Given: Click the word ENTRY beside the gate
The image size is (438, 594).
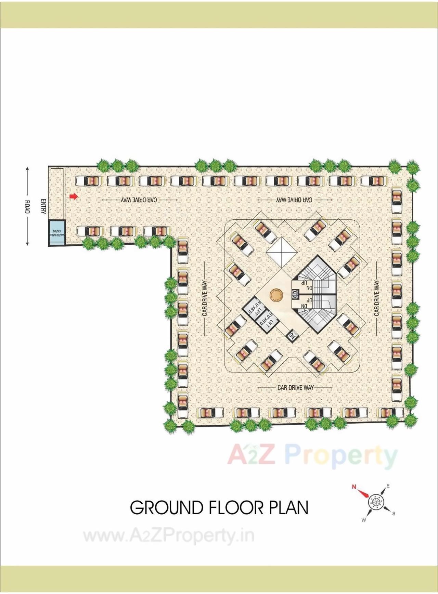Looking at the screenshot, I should [43, 206].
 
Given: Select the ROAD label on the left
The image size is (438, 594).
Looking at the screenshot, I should [27, 207].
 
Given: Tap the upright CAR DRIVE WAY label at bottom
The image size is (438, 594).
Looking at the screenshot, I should [295, 387].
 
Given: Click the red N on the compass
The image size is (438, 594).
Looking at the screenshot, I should [354, 486].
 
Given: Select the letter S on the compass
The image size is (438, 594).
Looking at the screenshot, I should [394, 513].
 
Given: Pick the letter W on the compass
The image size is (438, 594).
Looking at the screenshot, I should [364, 520].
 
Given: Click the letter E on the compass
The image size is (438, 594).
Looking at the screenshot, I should [388, 486].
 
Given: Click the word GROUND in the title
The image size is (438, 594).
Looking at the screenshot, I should [167, 508].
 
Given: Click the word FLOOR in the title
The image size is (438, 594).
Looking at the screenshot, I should [236, 508].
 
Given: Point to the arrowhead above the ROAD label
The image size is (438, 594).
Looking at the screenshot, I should [27, 169].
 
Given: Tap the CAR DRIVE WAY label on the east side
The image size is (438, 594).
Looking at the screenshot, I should [376, 298].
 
